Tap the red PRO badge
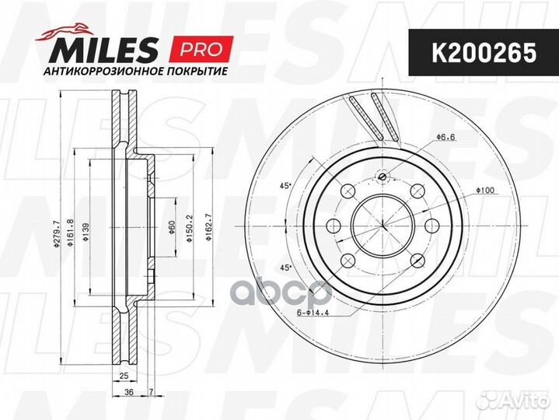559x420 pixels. [x=201, y=49]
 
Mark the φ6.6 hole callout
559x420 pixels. [x=445, y=137]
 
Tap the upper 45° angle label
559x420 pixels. [x=285, y=185]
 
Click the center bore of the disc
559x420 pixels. [x=382, y=226]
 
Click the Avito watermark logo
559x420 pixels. [x=513, y=400]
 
